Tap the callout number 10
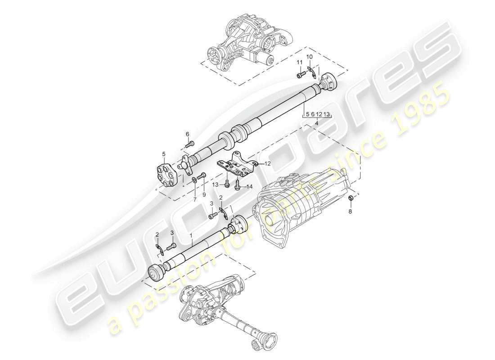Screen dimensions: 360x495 point(310,57)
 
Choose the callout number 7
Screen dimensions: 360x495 point(195,199)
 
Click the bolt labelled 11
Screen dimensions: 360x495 point(299,75)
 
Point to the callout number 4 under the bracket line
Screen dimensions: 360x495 point(317,123)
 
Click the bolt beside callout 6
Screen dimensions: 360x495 point(191,144)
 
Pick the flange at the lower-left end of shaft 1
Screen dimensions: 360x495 point(156,273)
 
